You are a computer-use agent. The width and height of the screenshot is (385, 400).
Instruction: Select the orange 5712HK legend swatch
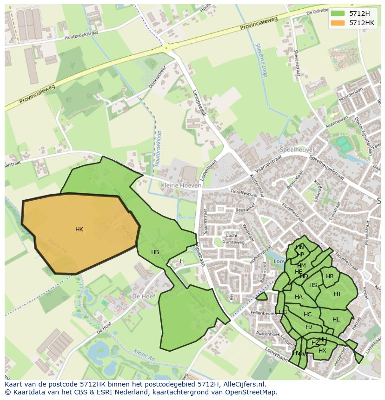pos(338,23)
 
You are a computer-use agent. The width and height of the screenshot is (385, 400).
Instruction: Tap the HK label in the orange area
pos(79,230)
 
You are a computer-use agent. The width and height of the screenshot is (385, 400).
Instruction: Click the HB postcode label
pos(155,252)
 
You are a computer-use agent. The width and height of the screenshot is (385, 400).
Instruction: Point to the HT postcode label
pos(338,294)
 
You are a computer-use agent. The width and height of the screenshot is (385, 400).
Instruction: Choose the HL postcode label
pos(336,320)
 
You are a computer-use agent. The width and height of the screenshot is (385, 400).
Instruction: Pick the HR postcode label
pos(330,276)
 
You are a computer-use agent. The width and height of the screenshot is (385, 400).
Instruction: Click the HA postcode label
pos(299,297)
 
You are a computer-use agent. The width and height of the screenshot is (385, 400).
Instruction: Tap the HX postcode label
pos(322,351)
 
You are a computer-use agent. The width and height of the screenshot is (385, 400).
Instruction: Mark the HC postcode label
pos(307,315)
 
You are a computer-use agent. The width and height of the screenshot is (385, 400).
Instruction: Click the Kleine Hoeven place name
pos(181,185)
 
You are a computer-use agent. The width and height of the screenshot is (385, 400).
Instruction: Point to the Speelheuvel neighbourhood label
pos(297,150)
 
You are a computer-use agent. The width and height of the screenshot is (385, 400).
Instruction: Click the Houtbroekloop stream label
pos(159,148)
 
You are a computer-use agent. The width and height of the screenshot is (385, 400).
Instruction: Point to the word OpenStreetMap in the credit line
pos(252,392)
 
